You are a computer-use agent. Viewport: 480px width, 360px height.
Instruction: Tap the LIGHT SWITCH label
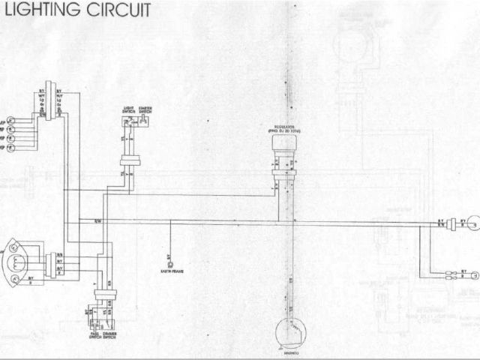(128, 111)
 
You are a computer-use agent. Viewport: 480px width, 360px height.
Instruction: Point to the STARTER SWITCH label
(145, 111)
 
